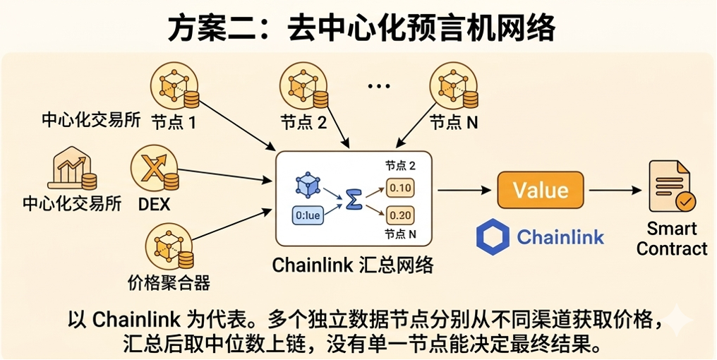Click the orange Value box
click(x=541, y=191)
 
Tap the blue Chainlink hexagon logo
click(x=492, y=237)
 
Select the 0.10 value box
click(x=399, y=188)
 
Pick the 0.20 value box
click(x=399, y=215)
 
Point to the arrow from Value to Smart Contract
click(x=615, y=190)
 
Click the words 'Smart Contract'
click(x=671, y=239)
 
